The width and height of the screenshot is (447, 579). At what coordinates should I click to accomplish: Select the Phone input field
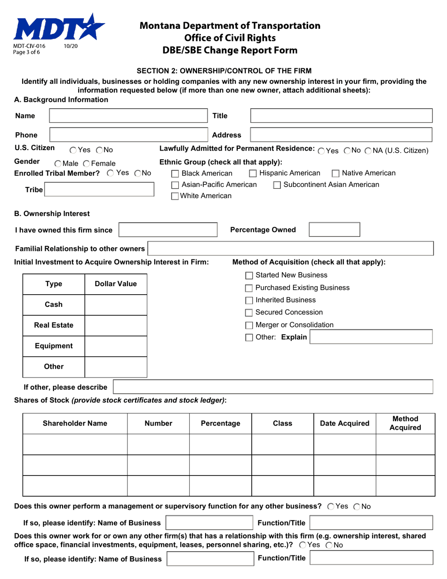(x=128, y=135)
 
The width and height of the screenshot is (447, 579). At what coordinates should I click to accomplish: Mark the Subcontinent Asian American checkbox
(x=279, y=185)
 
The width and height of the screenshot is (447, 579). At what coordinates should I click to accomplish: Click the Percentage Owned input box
(x=335, y=230)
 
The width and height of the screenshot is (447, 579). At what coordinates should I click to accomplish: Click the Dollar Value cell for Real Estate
(x=116, y=325)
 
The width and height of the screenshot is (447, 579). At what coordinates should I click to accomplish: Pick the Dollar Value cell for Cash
(x=116, y=305)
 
